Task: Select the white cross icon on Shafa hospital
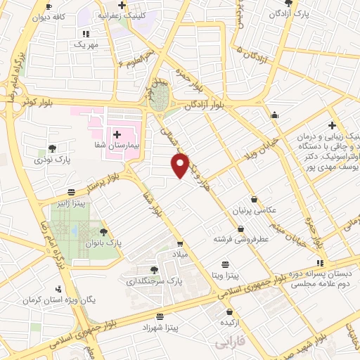(x=117, y=134)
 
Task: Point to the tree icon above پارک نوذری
(x=52, y=148)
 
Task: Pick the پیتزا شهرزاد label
(x=161, y=328)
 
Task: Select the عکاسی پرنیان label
(x=255, y=210)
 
